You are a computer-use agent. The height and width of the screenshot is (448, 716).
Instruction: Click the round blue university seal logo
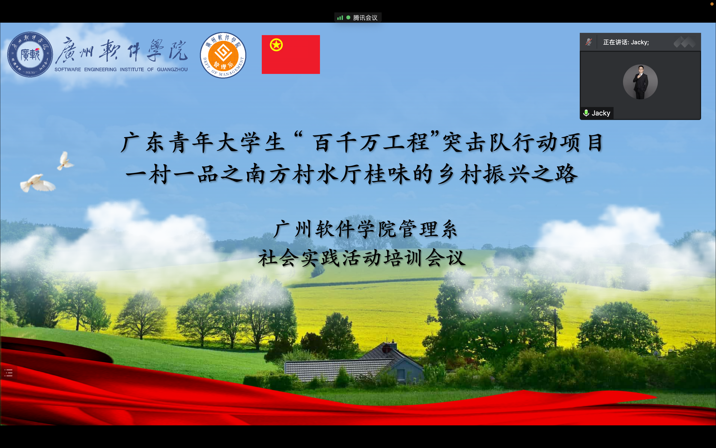(x=30, y=55)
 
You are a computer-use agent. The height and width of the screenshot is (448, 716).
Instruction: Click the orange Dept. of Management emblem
(x=223, y=55)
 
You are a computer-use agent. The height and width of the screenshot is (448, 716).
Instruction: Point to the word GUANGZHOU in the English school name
(x=172, y=69)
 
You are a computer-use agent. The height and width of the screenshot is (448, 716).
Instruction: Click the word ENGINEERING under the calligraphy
(x=100, y=69)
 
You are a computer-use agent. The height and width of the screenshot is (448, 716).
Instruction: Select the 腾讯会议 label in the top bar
(x=365, y=18)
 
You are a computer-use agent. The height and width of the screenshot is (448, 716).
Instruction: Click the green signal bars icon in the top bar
(x=340, y=18)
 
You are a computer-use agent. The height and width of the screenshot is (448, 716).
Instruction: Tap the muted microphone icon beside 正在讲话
(x=588, y=42)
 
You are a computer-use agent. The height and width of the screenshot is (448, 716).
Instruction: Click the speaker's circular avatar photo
(x=640, y=82)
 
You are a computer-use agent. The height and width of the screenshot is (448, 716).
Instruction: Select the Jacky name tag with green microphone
(x=596, y=113)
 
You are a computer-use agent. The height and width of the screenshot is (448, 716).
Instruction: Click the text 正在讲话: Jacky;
(x=626, y=42)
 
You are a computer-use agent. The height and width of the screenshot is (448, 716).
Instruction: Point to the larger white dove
(x=38, y=183)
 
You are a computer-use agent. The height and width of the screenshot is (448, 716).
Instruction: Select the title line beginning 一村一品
(x=352, y=174)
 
